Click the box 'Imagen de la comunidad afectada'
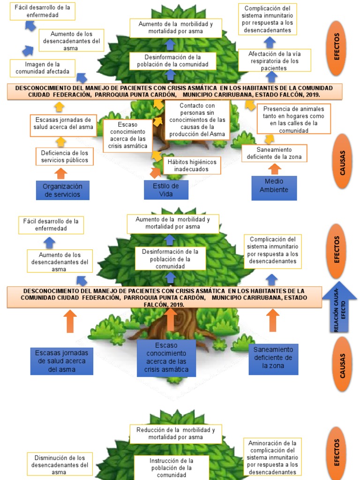tap(42, 68)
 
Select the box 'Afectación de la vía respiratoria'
tap(274, 61)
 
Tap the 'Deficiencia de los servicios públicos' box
tap(64, 157)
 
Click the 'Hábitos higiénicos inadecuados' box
tap(192, 165)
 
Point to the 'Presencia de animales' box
tap(293, 120)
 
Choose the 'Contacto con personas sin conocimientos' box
tap(197, 120)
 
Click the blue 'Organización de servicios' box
tap(62, 190)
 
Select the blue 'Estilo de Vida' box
tap(166, 189)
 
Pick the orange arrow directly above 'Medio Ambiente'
tap(275, 169)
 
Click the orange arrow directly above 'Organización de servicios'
tap(61, 173)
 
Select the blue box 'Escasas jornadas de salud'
tap(61, 361)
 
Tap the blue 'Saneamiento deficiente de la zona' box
tap(273, 358)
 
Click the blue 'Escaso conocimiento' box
tap(166, 358)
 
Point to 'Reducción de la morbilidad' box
tap(176, 434)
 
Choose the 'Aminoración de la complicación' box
tap(272, 457)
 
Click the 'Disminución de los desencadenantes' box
tap(60, 465)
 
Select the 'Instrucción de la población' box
tap(171, 467)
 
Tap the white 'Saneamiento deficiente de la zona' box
tap(274, 153)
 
